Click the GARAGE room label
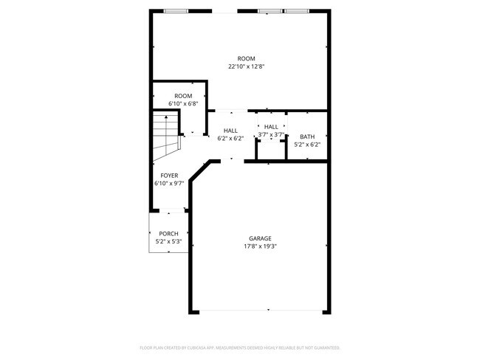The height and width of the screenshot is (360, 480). (x=259, y=238)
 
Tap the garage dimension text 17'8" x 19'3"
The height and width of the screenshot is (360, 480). (x=259, y=246)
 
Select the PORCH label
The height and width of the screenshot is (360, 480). (x=168, y=233)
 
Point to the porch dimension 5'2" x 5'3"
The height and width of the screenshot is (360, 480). (x=168, y=241)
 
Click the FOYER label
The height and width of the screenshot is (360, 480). (x=168, y=175)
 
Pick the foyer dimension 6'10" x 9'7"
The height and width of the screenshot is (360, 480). (x=168, y=183)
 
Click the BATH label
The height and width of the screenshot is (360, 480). (x=306, y=136)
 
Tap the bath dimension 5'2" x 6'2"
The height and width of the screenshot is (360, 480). (x=306, y=145)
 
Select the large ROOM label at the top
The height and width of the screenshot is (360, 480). (x=246, y=58)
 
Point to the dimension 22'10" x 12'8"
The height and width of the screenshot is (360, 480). (x=246, y=66)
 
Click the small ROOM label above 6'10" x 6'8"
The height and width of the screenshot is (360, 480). (x=183, y=96)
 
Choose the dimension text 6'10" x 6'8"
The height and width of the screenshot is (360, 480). (x=183, y=104)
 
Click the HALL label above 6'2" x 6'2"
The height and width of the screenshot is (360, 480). (x=230, y=130)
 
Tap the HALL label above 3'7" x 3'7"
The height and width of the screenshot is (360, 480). (x=271, y=127)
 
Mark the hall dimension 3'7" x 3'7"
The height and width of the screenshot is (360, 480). (x=271, y=135)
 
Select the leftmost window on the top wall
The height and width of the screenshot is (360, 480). (x=176, y=11)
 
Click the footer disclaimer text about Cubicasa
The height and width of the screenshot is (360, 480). (x=239, y=347)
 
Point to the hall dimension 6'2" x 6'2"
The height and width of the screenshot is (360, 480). (x=230, y=138)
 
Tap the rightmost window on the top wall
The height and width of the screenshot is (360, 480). (x=296, y=11)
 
